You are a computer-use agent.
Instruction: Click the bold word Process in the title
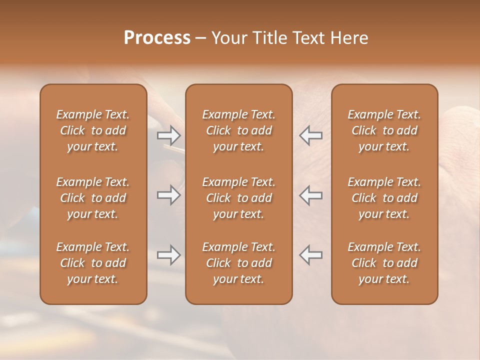pyautogui.click(x=157, y=38)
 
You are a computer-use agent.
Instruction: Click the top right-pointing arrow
pyautogui.click(x=168, y=135)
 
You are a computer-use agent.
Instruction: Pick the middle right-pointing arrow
pyautogui.click(x=168, y=195)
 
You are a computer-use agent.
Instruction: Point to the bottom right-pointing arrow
pyautogui.click(x=168, y=255)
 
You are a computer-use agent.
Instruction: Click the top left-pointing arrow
pyautogui.click(x=311, y=135)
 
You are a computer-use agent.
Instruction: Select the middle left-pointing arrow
pyautogui.click(x=311, y=195)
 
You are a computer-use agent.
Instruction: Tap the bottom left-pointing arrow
pyautogui.click(x=311, y=255)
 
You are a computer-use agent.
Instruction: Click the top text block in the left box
pyautogui.click(x=93, y=130)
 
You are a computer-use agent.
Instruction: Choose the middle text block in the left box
pyautogui.click(x=93, y=198)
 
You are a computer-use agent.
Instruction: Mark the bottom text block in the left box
pyautogui.click(x=93, y=263)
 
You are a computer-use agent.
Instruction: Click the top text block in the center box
pyautogui.click(x=238, y=130)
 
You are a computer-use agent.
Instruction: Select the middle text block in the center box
pyautogui.click(x=238, y=198)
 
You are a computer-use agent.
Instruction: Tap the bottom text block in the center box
pyautogui.click(x=238, y=263)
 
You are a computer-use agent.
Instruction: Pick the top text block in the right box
pyautogui.click(x=384, y=130)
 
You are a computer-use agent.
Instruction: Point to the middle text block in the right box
pyautogui.click(x=384, y=198)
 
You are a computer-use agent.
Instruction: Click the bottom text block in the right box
pyautogui.click(x=384, y=263)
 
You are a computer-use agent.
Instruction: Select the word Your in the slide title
pyautogui.click(x=229, y=38)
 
